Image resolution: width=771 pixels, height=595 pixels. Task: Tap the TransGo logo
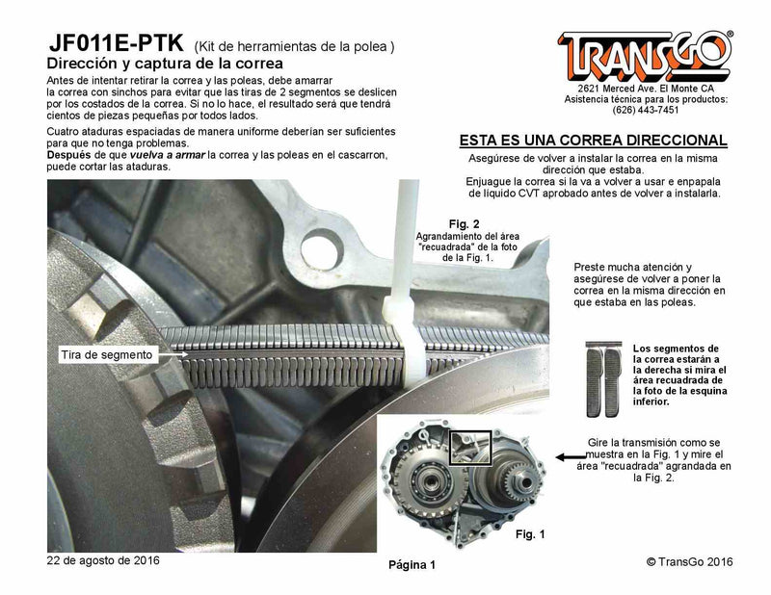(645, 56)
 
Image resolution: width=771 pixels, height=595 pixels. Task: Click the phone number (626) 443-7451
(644, 109)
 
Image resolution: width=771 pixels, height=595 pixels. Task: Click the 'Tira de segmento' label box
(105, 354)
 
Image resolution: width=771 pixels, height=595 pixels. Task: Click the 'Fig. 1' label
(531, 532)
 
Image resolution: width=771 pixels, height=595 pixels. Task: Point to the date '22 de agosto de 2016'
(103, 559)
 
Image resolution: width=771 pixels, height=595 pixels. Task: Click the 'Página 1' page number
(412, 564)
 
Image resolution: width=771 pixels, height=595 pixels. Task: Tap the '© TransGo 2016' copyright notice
(690, 560)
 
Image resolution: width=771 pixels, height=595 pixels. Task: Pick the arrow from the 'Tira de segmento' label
(174, 354)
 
